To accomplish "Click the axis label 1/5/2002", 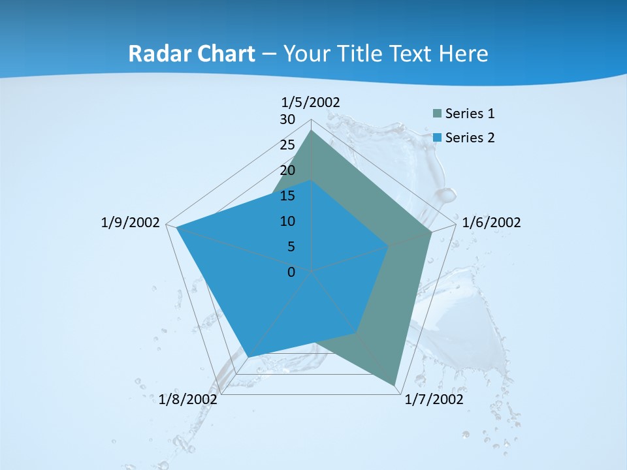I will tap(310, 102).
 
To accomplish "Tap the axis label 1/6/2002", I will tap(491, 223).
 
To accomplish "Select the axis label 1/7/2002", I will tap(434, 399).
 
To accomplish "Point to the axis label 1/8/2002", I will tap(188, 399).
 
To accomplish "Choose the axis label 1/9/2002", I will tap(130, 223).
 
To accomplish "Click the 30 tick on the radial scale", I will tap(287, 119).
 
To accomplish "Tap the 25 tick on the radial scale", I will tap(287, 145).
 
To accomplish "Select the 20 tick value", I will tap(287, 170).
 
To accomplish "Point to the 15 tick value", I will tap(287, 196).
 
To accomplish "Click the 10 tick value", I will tap(287, 221).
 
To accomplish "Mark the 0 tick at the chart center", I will tap(291, 272).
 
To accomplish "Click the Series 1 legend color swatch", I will tap(437, 114).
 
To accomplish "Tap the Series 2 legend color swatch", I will tap(437, 138).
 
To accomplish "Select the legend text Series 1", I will tap(470, 114).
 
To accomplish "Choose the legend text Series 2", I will tap(470, 138).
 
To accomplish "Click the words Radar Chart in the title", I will tap(191, 54).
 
